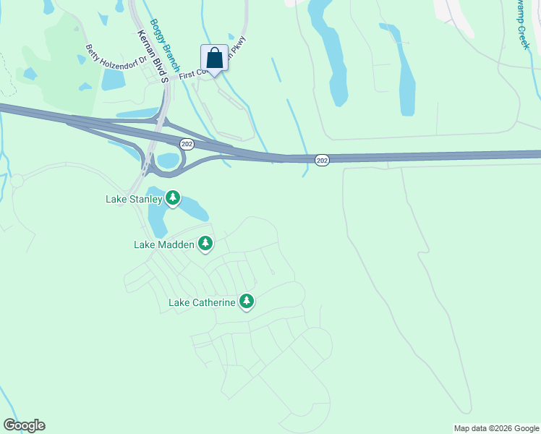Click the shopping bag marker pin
pyautogui.click(x=214, y=58)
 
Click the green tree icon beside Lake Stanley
pyautogui.click(x=172, y=197)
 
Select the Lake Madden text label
pyautogui.click(x=164, y=244)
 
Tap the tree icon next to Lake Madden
pyautogui.click(x=205, y=244)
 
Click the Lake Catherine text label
pyautogui.click(x=202, y=302)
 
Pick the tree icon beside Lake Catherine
pyautogui.click(x=247, y=302)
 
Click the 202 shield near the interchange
pyautogui.click(x=187, y=145)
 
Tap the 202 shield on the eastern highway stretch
pyautogui.click(x=323, y=160)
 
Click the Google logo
pyautogui.click(x=24, y=425)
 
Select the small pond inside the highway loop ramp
pyautogui.click(x=168, y=160)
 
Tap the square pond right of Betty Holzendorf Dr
pyautogui.click(x=114, y=80)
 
